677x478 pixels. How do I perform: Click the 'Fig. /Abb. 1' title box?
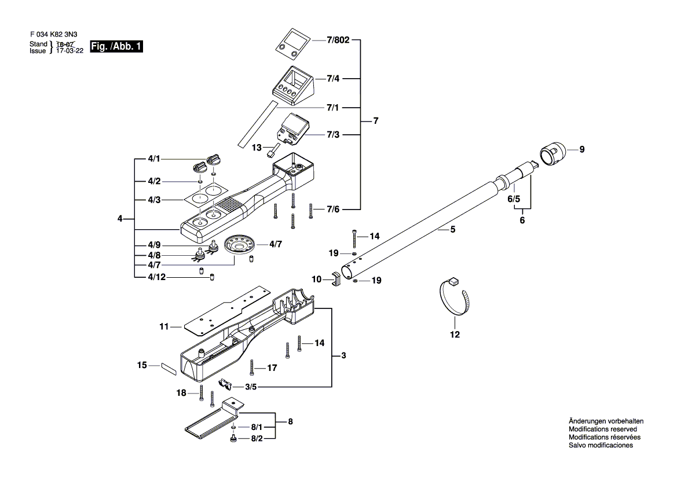[116, 47]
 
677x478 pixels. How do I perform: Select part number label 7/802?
[338, 42]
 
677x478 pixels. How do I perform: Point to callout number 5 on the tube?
[453, 229]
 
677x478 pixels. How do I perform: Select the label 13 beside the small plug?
[257, 148]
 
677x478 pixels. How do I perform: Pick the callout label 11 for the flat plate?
[164, 328]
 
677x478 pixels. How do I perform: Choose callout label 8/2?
[256, 439]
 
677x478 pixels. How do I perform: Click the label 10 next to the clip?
[316, 279]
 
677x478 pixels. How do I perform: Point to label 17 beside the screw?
[272, 367]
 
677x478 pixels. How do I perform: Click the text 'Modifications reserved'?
[602, 429]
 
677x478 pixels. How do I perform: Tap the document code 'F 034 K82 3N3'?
[54, 34]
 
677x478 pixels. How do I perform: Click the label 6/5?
[514, 199]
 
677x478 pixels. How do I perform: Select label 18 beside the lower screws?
[182, 393]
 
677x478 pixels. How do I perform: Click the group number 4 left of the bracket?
[120, 219]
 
